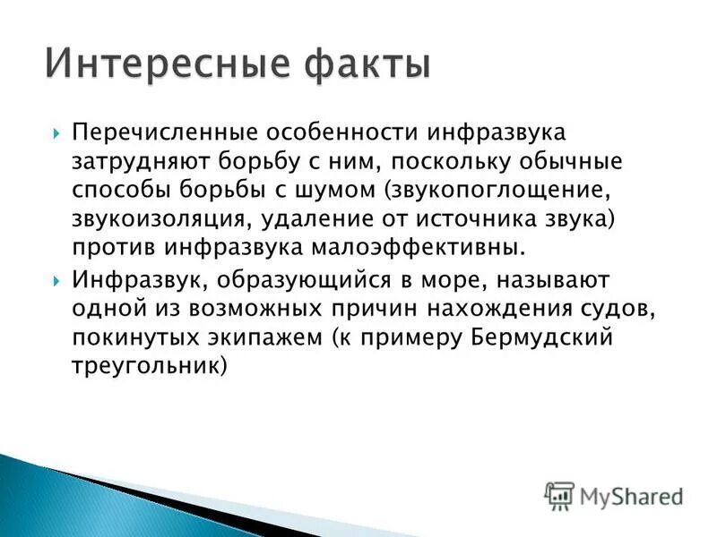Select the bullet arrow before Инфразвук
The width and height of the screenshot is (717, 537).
56,280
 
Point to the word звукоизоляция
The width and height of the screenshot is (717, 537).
146,220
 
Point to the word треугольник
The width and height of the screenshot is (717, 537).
146,367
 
